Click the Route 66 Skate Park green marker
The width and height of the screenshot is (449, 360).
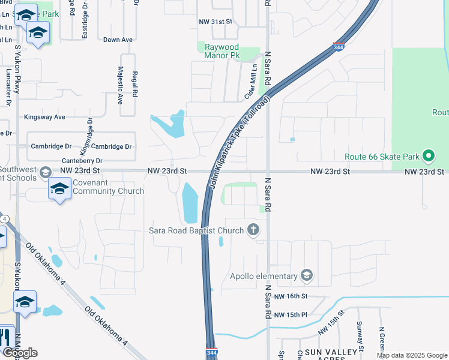[x=428, y=157]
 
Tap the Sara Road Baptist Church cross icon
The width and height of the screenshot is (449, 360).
[x=253, y=230]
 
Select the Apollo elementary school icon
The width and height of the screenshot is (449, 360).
[x=307, y=276]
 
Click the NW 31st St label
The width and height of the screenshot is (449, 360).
[x=215, y=22]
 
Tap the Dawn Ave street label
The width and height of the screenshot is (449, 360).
[x=118, y=40]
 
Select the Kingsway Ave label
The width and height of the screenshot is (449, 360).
[x=44, y=117]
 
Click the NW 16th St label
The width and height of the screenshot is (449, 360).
[x=291, y=296]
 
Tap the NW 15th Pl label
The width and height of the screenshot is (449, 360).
[x=291, y=315]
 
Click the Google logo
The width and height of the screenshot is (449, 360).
[x=20, y=353]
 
